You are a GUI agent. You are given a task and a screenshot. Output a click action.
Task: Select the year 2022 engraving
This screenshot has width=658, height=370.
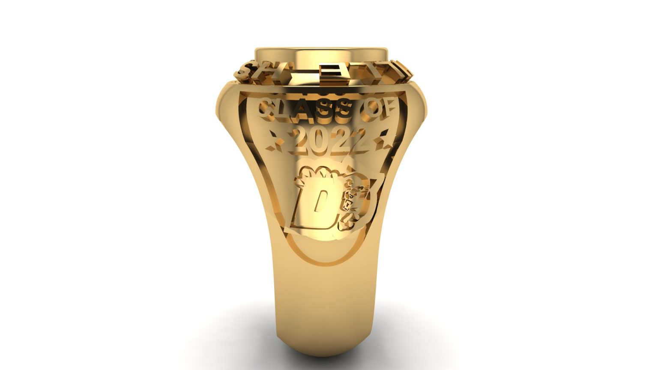tap(329, 140)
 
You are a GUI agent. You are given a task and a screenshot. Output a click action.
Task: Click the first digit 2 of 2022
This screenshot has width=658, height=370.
tap(301, 141)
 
